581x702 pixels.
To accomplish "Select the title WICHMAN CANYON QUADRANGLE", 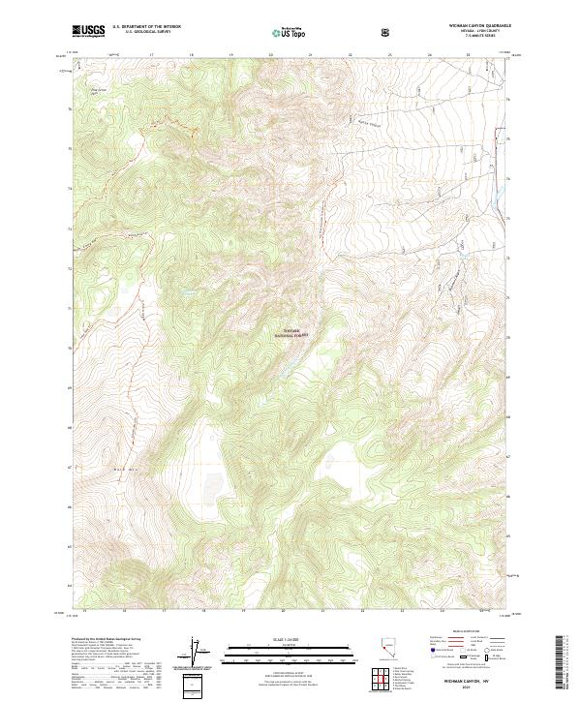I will [473, 25].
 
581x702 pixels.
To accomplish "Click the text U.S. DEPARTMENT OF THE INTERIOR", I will [146, 26].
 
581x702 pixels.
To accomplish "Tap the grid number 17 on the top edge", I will [154, 55].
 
